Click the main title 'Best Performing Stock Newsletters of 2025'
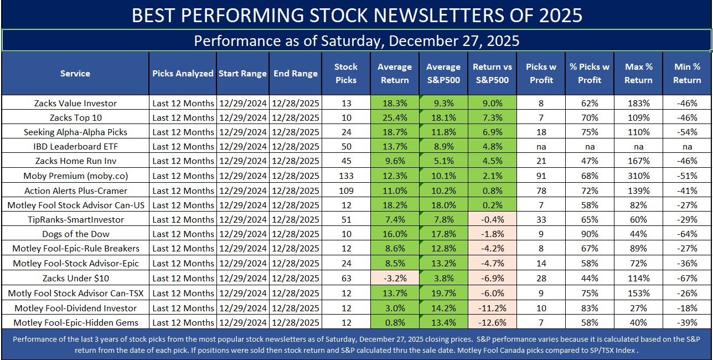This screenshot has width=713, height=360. point(356,15)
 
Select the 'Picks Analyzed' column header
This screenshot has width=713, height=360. point(183,73)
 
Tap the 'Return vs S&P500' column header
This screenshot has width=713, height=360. point(492,73)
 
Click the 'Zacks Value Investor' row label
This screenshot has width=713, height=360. point(75,103)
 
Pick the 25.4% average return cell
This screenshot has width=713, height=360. point(395,117)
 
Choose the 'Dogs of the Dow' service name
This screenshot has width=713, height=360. point(75,234)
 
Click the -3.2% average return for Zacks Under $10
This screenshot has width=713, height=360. point(395,278)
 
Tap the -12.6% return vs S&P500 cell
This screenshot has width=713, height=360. point(492,322)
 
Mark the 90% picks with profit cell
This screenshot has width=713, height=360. point(590,234)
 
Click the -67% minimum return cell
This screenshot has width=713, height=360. point(687,278)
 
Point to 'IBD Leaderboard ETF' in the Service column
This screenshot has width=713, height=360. point(75,147)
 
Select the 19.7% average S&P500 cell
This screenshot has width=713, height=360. point(443,293)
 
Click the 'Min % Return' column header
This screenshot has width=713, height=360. point(687,73)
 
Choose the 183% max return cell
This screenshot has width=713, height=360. point(638,103)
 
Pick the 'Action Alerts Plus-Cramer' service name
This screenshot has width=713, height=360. point(75,191)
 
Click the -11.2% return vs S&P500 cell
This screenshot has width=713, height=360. point(492,308)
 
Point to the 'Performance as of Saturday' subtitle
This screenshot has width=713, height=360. point(356,41)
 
